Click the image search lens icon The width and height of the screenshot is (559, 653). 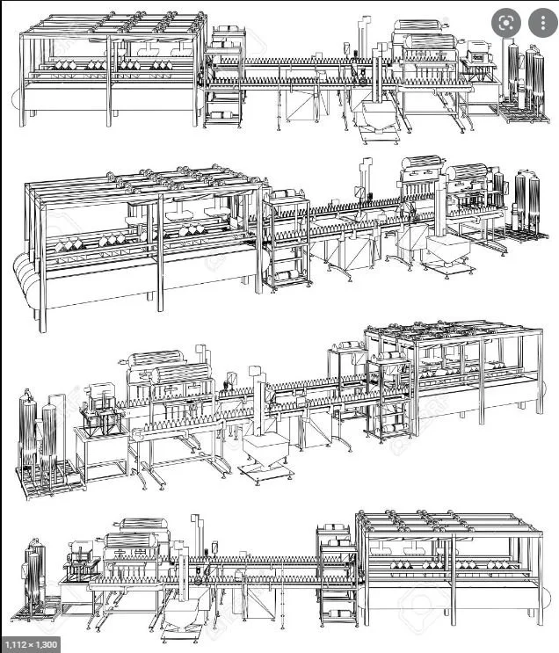(x=505, y=24)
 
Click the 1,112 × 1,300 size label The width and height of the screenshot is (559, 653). (x=31, y=644)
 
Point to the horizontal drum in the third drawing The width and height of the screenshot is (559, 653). (x=158, y=362)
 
